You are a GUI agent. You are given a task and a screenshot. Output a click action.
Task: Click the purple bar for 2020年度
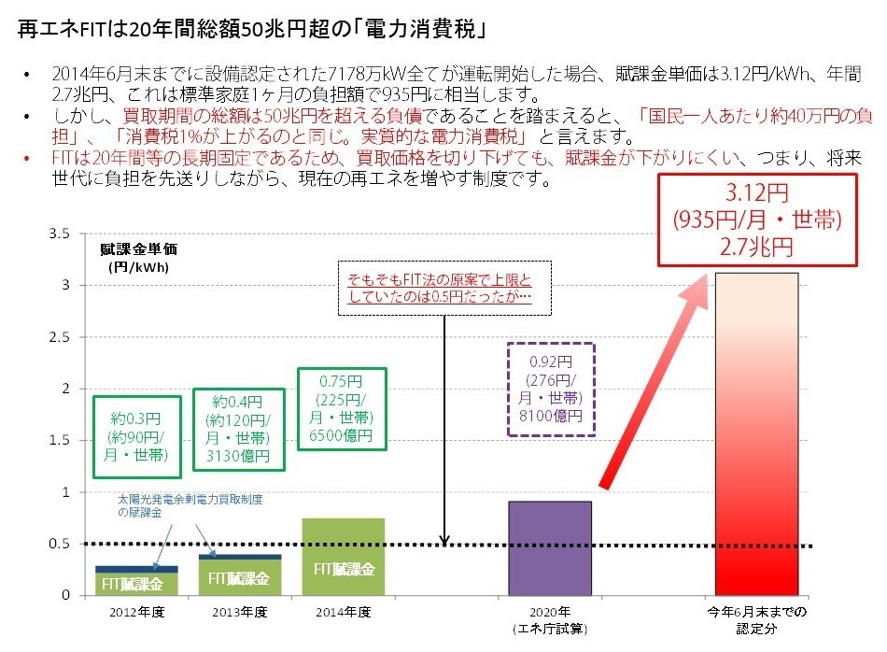click(x=549, y=547)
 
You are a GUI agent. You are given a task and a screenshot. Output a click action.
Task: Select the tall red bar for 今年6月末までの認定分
click(x=756, y=434)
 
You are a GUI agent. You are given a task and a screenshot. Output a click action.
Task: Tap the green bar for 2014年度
click(x=343, y=557)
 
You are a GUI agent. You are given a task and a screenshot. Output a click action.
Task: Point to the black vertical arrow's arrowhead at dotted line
click(x=444, y=539)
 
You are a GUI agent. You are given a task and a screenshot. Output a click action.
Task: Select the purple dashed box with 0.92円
click(x=550, y=389)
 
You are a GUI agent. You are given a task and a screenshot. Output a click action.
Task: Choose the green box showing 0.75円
click(x=342, y=409)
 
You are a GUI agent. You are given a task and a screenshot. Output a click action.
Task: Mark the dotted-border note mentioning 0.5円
click(x=440, y=289)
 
